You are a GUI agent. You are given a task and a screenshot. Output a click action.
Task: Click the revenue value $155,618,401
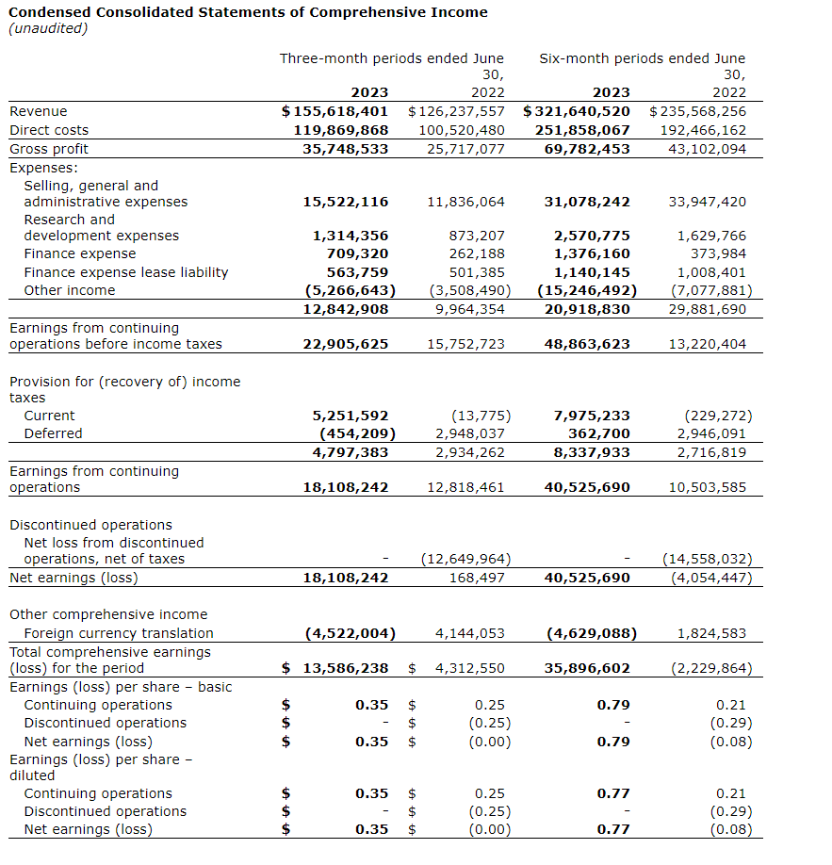point(335,111)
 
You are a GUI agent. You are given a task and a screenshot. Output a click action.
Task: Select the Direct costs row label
point(49,130)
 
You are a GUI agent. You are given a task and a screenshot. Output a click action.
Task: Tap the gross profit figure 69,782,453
point(587,149)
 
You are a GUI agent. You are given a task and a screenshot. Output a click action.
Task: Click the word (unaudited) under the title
point(48,28)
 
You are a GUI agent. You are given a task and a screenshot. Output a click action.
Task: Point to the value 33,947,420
point(707,202)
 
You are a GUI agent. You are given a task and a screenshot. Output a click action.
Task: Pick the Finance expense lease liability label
point(125,272)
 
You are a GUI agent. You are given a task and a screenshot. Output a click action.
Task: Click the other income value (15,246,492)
point(587,290)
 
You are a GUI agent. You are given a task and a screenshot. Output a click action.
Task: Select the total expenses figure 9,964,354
point(465,309)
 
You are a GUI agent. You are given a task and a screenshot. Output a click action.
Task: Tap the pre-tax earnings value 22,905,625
point(345,344)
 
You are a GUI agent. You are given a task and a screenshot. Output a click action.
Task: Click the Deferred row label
point(53,433)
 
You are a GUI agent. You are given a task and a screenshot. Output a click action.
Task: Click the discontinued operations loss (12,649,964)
point(465,559)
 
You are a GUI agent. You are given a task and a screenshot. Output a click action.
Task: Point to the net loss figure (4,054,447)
point(710,578)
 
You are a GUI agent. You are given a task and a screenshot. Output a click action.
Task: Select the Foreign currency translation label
point(119,633)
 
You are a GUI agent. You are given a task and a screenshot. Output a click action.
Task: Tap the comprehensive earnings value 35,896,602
point(587,668)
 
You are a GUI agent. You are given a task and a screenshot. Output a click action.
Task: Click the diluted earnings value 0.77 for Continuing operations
point(613,793)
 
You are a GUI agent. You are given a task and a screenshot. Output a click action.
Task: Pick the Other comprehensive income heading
point(108,614)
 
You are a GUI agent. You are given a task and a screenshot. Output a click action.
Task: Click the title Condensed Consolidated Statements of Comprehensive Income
point(248,12)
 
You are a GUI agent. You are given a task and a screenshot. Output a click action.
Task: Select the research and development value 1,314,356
point(350,236)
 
